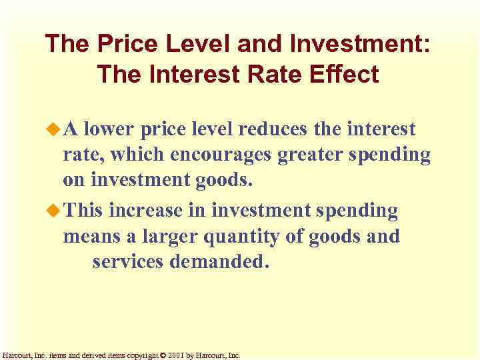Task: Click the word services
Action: [x=129, y=262]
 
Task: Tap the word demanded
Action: [x=220, y=262]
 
